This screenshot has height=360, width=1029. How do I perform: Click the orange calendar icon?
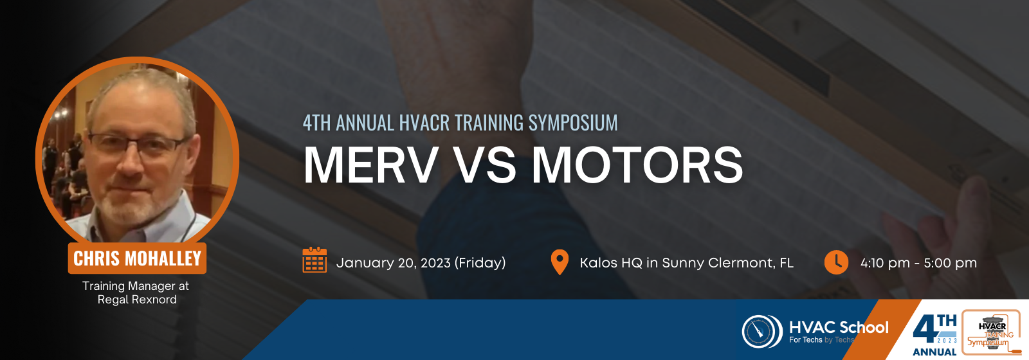click(x=314, y=260)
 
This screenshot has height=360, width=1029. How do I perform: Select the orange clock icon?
click(x=836, y=262)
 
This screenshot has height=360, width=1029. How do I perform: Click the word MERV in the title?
click(x=370, y=165)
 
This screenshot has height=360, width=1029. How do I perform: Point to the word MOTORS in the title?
click(x=637, y=165)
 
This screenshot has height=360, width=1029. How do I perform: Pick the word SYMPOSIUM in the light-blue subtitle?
click(x=573, y=123)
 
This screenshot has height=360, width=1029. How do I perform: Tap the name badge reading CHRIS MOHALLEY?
click(x=138, y=258)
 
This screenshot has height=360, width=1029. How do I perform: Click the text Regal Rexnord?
click(x=137, y=300)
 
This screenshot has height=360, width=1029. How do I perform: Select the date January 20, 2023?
click(x=393, y=263)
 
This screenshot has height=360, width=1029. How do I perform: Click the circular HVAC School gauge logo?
click(x=762, y=331)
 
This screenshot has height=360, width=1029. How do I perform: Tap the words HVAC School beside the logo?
click(x=839, y=327)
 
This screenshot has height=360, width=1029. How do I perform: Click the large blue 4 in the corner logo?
click(x=925, y=330)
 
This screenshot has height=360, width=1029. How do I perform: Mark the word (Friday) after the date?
click(x=480, y=263)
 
